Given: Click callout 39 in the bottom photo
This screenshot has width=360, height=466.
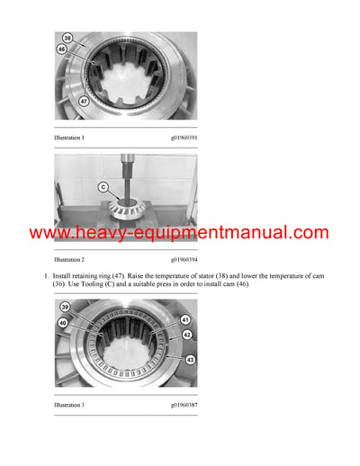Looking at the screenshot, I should tap(66, 309).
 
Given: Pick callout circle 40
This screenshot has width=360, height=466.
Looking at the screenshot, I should tap(62, 321).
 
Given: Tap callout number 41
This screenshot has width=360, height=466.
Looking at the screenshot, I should tap(184, 319).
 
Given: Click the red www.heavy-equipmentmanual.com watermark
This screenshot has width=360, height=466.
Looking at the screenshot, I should tap(179, 233).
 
